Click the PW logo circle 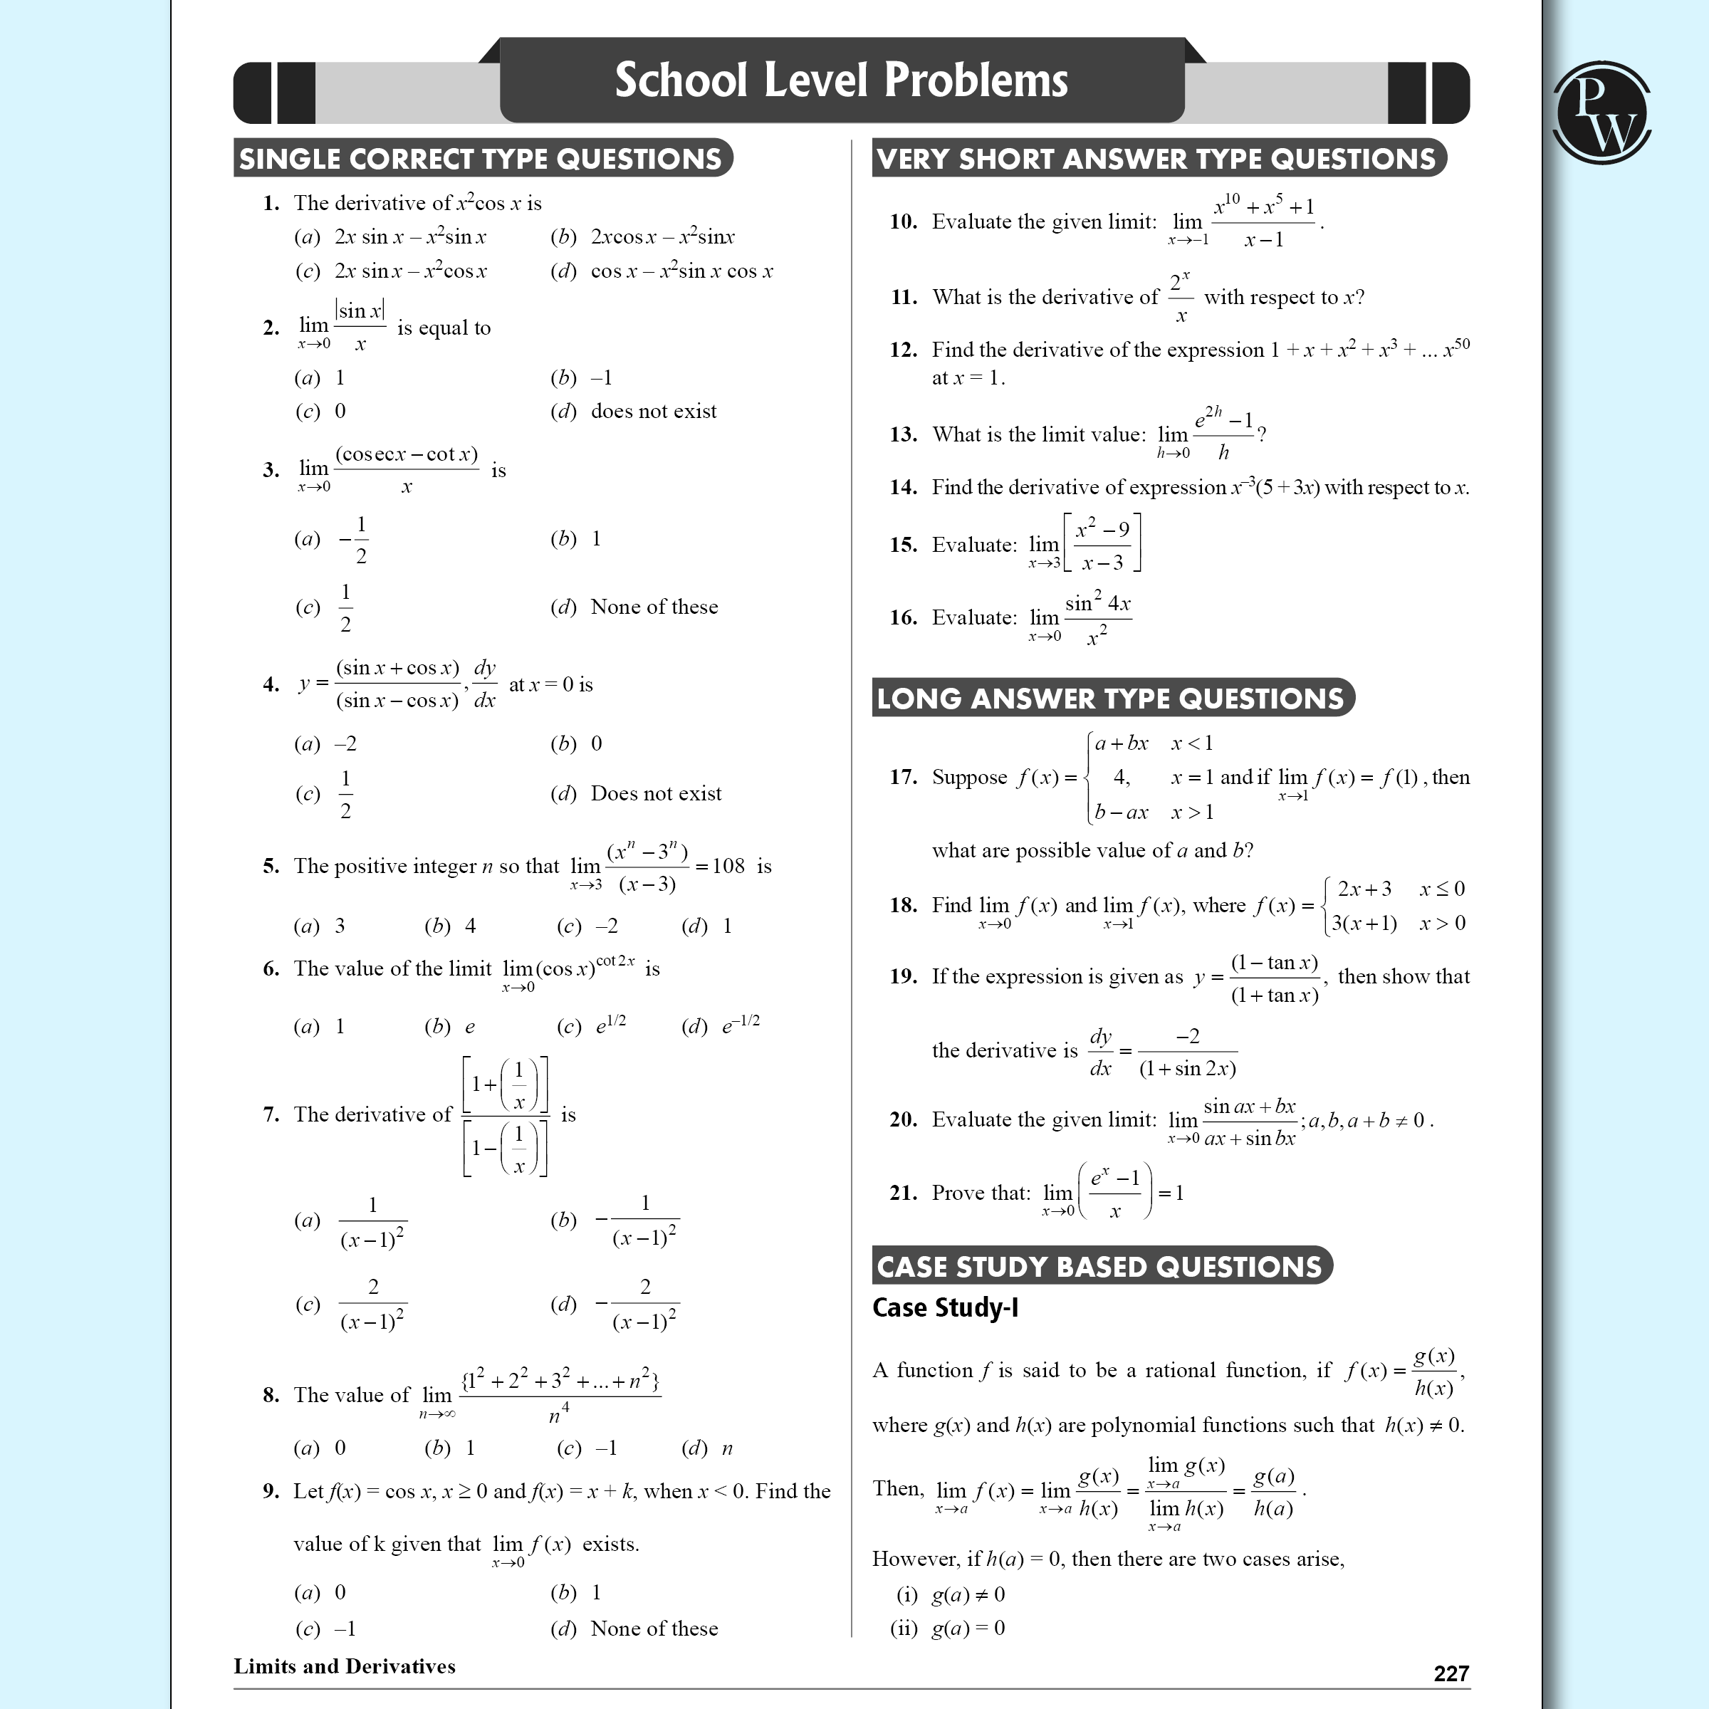coord(1601,113)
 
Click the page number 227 coord(1451,1673)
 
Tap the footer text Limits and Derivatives coord(344,1666)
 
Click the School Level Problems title coord(841,80)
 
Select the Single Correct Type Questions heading coord(481,158)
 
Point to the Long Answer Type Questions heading coord(1111,698)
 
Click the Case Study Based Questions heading coord(1099,1266)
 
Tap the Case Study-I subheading coord(945,1307)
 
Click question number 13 coord(903,434)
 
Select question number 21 coord(903,1193)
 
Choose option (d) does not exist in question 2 coord(633,412)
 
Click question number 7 coord(271,1114)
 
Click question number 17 coord(903,777)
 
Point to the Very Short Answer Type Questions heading coord(1157,158)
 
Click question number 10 coord(903,221)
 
